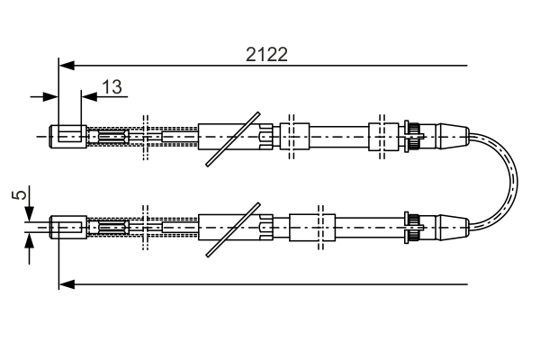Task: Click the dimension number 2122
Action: click(x=266, y=54)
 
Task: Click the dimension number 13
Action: click(x=112, y=86)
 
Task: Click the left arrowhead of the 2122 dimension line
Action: click(x=66, y=65)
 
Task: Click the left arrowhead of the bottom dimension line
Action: click(x=66, y=284)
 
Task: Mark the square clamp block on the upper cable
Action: click(x=294, y=137)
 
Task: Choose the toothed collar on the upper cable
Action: click(x=414, y=137)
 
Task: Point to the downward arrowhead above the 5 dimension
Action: click(x=30, y=213)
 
